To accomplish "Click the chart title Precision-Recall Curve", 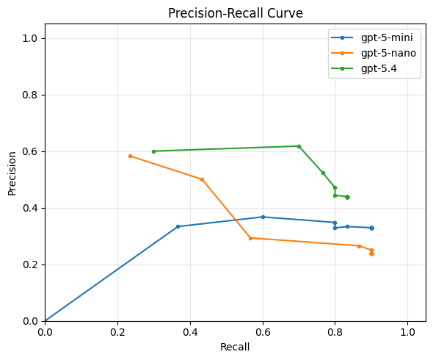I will (x=235, y=13).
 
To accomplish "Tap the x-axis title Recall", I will (x=235, y=347).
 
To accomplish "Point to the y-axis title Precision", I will (x=12, y=173).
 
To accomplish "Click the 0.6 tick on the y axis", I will (x=30, y=151).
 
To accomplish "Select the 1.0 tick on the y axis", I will (x=30, y=38).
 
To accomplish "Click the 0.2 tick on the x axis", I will (x=117, y=333).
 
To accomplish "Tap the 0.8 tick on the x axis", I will (x=335, y=333).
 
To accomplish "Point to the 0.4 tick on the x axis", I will (x=190, y=333).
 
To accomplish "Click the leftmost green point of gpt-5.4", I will (x=153, y=151).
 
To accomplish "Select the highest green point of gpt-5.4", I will (x=299, y=146).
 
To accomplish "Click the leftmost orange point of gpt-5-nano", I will (x=130, y=156).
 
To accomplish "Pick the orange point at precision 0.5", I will (x=202, y=179).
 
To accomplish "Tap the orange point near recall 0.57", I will (x=250, y=238).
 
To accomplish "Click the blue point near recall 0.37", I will (x=178, y=226).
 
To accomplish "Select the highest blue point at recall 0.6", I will (x=263, y=217).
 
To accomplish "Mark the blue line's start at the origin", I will (x=45, y=321).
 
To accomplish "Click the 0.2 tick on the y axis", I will (x=30, y=264).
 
